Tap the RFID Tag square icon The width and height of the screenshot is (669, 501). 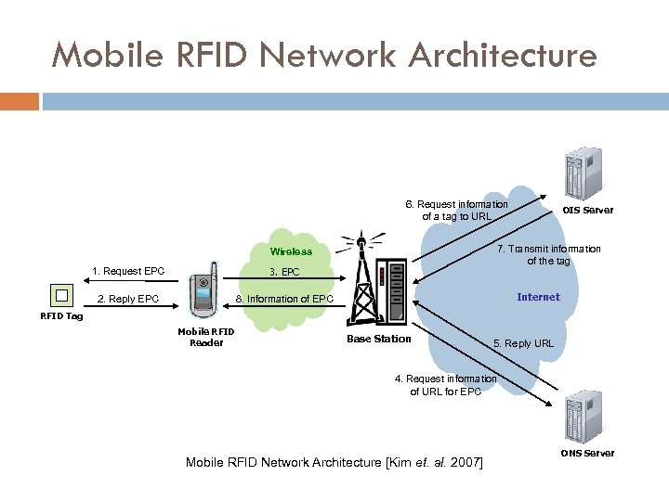click(61, 295)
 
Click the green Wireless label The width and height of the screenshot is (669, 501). click(291, 251)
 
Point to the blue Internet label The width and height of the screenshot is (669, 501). click(538, 297)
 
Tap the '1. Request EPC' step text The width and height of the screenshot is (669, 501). click(128, 271)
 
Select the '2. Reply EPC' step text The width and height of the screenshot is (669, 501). click(128, 299)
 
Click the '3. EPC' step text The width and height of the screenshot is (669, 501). click(284, 273)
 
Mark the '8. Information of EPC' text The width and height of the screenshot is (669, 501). click(284, 299)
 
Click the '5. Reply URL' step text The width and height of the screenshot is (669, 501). click(523, 343)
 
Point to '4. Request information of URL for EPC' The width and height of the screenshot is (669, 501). click(445, 385)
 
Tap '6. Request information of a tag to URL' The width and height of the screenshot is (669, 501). click(456, 211)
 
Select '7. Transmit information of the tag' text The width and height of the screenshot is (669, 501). click(548, 254)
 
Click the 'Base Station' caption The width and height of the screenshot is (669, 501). click(378, 339)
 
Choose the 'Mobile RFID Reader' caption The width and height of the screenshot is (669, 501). click(206, 337)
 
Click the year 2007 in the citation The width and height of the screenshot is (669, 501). click(465, 462)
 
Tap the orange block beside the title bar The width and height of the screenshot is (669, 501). click(20, 101)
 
